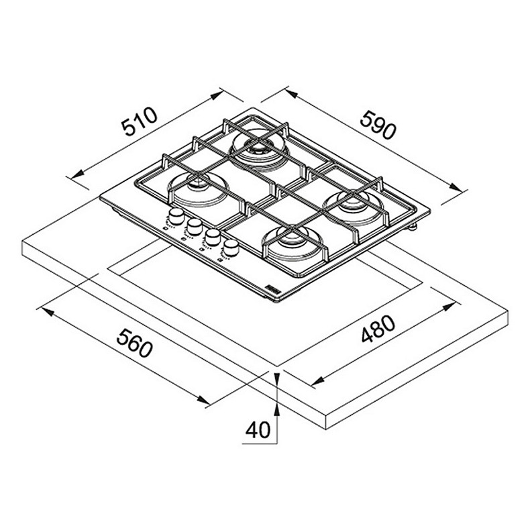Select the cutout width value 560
[x=135, y=343]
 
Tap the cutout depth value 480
[x=378, y=329]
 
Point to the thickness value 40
[x=258, y=429]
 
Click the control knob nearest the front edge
[x=231, y=248]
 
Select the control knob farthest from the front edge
[x=176, y=217]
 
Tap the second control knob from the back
[x=194, y=227]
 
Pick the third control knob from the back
[x=212, y=237]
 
